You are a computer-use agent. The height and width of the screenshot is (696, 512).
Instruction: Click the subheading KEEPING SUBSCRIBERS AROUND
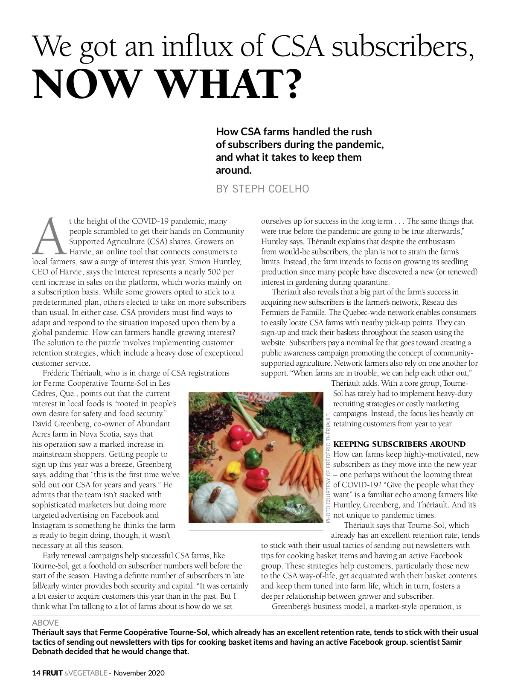pyautogui.click(x=399, y=444)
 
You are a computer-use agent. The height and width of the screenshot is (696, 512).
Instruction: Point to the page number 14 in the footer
pyautogui.click(x=36, y=673)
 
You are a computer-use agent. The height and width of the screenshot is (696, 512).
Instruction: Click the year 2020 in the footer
pyautogui.click(x=156, y=673)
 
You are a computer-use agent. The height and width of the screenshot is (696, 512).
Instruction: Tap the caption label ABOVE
pyautogui.click(x=45, y=623)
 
